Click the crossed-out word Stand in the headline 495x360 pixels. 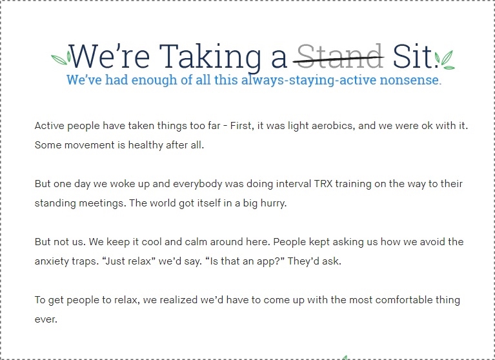point(340,56)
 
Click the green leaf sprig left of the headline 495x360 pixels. point(61,58)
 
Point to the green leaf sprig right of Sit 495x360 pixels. point(445,59)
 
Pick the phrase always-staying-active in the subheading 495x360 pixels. point(308,80)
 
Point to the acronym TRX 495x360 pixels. point(323,184)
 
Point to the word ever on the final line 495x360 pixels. point(46,319)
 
